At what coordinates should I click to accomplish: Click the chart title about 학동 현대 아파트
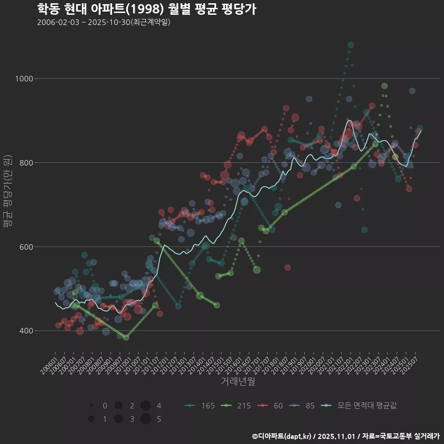(x=146, y=9)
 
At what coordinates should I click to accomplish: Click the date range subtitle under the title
(x=104, y=22)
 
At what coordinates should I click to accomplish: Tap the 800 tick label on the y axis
(x=25, y=163)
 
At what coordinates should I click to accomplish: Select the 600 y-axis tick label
(x=25, y=247)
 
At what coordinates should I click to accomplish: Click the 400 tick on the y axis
(x=25, y=331)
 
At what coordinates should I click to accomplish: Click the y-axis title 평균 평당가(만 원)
(x=8, y=192)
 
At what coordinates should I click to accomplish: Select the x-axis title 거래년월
(x=238, y=382)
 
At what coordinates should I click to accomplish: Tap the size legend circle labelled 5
(x=146, y=419)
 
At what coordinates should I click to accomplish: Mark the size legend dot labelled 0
(x=92, y=406)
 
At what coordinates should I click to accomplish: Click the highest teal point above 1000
(x=351, y=45)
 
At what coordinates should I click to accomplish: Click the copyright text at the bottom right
(x=345, y=436)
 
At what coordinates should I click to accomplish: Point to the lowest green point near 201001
(x=126, y=337)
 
